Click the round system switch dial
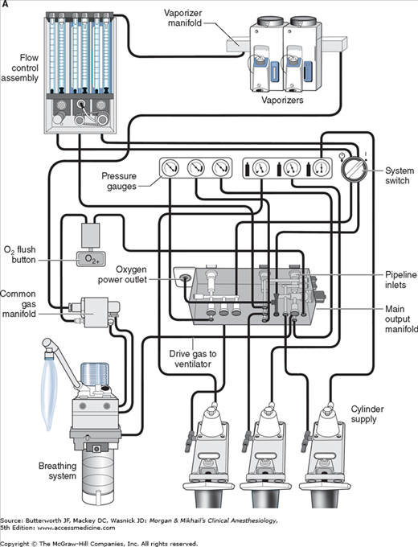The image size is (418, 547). [354, 169]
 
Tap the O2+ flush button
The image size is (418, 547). [92, 259]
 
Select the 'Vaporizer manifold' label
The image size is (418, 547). [182, 19]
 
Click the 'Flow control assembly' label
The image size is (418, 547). [20, 68]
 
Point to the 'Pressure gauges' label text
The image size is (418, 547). [119, 181]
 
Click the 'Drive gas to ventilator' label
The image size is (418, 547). [193, 359]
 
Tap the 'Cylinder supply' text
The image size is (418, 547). [367, 414]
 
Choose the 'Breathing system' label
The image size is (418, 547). [58, 471]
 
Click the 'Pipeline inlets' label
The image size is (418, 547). [400, 280]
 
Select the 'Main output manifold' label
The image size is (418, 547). [401, 319]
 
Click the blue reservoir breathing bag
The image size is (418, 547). [49, 393]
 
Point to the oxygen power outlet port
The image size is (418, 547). [184, 278]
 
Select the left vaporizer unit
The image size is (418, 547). [266, 53]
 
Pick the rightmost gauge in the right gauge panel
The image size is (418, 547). [321, 168]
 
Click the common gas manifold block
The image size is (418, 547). [95, 311]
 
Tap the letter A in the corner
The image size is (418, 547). [5, 5]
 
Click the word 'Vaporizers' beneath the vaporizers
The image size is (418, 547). [282, 100]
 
